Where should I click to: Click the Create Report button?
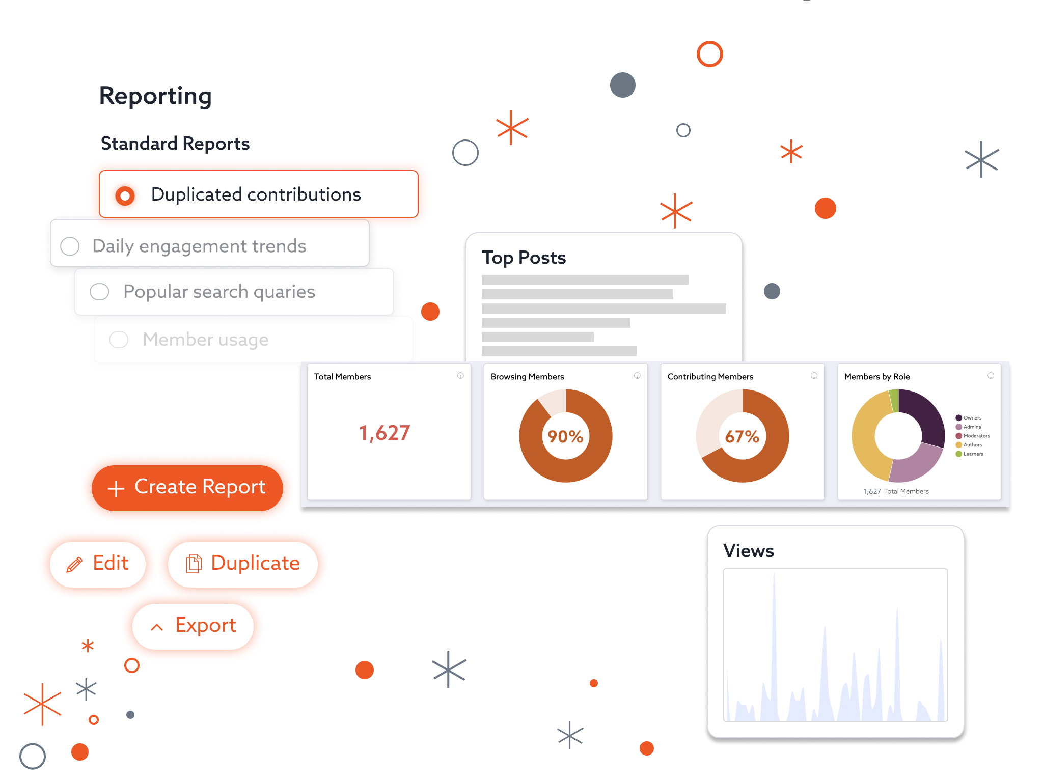187,488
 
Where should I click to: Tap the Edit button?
98,564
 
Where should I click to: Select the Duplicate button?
243,564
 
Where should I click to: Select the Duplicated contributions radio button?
125,195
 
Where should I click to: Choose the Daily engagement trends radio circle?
70,246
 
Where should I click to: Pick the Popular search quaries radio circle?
99,292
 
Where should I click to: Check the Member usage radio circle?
119,340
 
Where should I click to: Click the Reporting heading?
155,96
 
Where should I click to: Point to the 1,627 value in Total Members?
385,433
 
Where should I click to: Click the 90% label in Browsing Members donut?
565,436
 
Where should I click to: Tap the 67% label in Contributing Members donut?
742,436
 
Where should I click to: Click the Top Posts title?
524,258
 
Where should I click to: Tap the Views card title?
749,551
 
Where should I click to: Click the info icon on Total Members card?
460,376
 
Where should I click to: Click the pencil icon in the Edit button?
74,565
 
